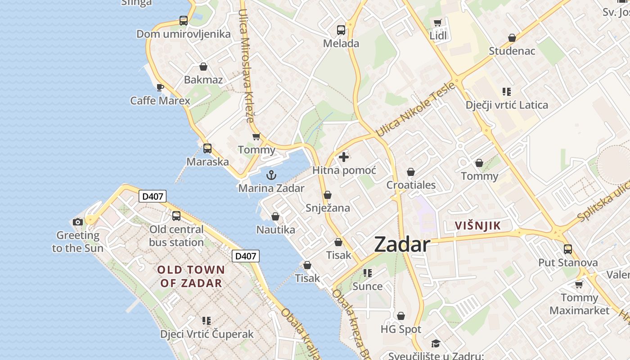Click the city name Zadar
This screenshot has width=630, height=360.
402,244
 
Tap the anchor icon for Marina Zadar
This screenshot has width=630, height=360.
271,175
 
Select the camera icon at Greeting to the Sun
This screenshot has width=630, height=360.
78,222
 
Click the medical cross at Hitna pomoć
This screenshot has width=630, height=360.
344,157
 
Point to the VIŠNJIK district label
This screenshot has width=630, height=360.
477,225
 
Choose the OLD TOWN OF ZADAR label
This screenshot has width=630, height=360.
191,276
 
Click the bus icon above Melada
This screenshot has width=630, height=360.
341,30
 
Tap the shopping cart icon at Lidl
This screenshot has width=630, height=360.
437,22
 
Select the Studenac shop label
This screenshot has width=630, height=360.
512,51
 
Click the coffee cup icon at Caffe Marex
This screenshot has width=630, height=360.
160,87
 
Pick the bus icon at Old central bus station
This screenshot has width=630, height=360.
176,216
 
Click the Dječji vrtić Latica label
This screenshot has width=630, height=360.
507,105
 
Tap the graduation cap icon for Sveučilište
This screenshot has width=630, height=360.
436,344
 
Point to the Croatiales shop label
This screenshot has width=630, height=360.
411,185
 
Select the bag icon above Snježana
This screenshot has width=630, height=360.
328,195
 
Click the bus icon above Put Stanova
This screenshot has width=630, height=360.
568,249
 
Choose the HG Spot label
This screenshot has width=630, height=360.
401,329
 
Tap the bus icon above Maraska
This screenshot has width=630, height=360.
207,148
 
